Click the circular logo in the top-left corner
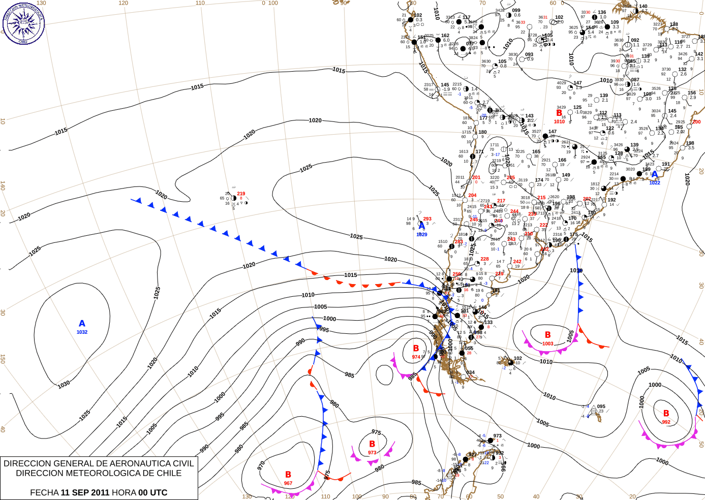point(23,23)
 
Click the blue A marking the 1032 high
point(82,323)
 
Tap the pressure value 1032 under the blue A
point(82,332)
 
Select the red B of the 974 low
point(416,349)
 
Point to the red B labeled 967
point(288,475)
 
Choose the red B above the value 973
point(372,444)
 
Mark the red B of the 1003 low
point(547,335)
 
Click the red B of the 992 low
point(666,414)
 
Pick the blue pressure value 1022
point(655,183)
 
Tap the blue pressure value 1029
point(422,235)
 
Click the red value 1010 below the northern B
point(559,122)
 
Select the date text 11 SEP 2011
point(85,492)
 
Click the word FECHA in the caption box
point(44,492)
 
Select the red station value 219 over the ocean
point(241,194)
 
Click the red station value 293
point(427,219)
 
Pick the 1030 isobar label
point(64,385)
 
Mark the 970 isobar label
point(261,465)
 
